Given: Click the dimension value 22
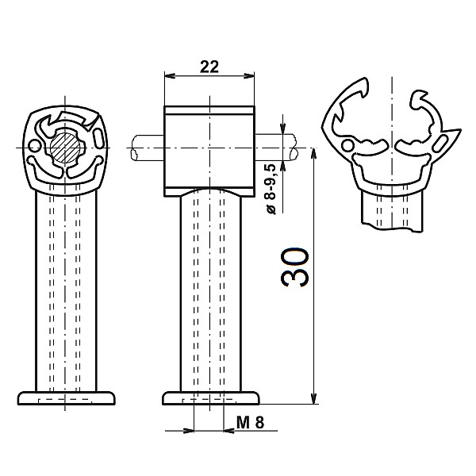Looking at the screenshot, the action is point(209,67).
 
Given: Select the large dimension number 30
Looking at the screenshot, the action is point(294,267).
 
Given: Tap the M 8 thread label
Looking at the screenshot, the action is point(251,422).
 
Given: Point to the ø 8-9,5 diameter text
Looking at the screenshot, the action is point(271,189).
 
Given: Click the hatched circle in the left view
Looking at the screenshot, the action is point(65,148).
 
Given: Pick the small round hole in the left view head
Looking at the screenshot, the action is point(34,146).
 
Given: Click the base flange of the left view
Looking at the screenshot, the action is point(67,398).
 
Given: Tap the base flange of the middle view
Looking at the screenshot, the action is point(211,398).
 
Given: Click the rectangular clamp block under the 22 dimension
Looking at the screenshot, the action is point(209,151).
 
